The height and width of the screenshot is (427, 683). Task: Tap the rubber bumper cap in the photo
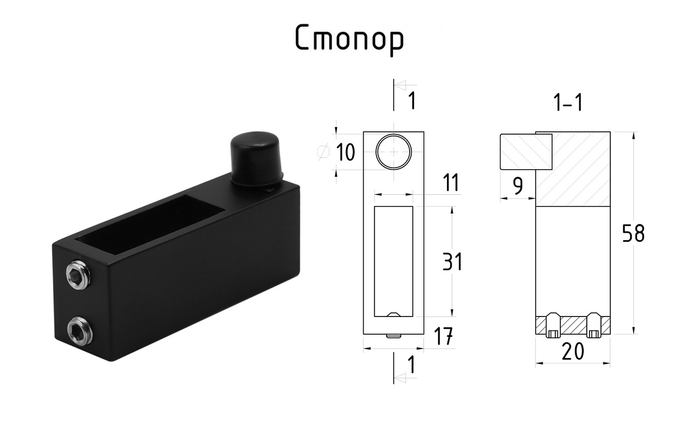coord(256,159)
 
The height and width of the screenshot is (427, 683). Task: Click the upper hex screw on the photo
coord(78,274)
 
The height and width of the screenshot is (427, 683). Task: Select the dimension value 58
coord(633,233)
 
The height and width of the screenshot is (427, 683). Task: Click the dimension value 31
coord(452,261)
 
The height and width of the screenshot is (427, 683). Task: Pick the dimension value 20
coord(573,351)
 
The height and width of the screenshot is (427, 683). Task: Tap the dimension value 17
coord(443,336)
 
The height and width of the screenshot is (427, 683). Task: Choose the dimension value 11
coord(451,183)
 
